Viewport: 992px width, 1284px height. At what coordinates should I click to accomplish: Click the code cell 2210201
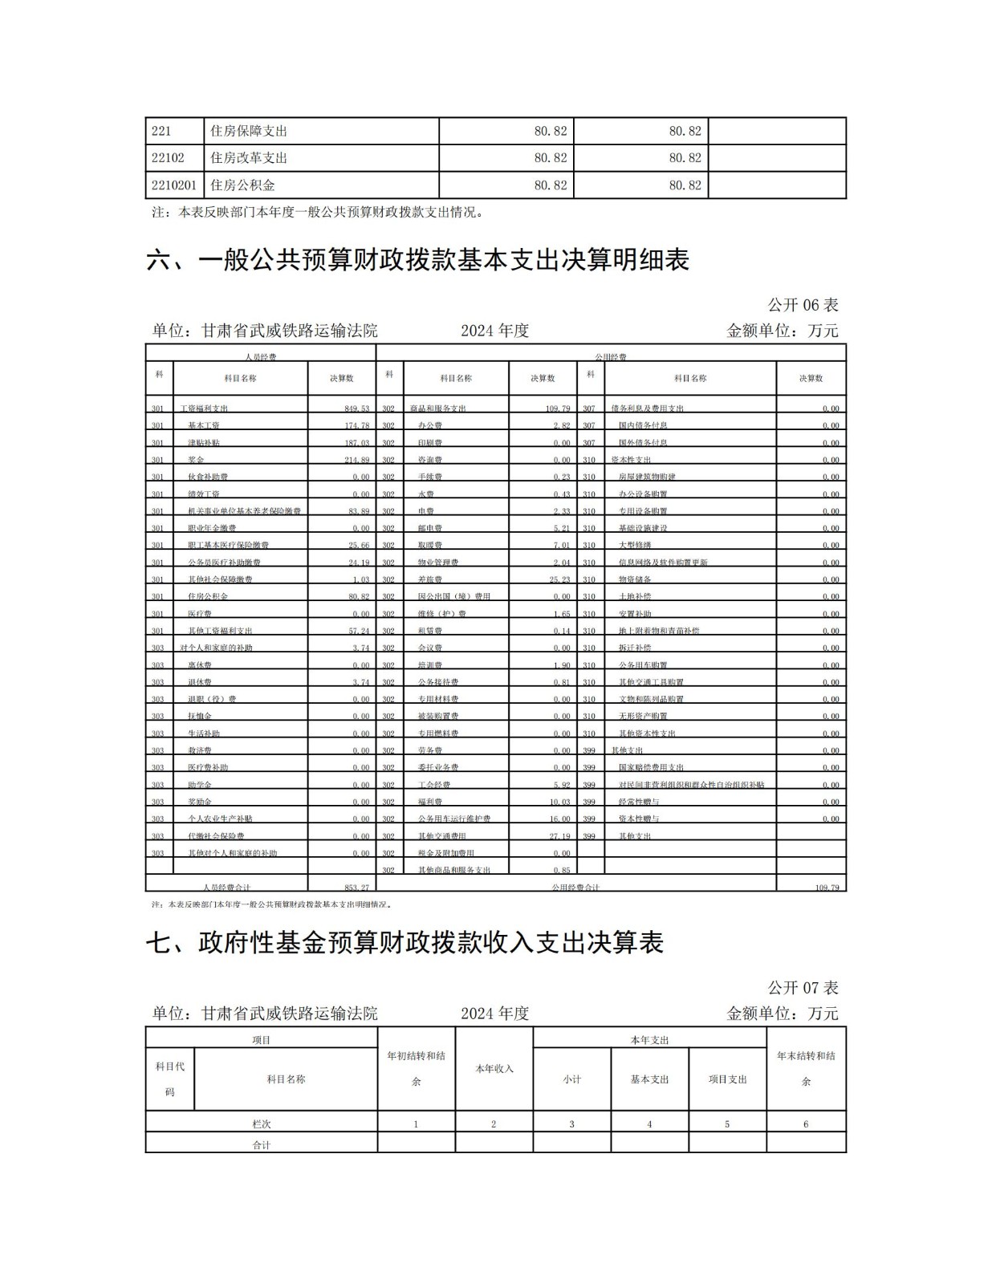tap(174, 185)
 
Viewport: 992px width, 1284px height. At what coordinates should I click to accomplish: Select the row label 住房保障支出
tap(248, 131)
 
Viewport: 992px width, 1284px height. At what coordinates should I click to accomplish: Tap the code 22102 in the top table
tap(168, 158)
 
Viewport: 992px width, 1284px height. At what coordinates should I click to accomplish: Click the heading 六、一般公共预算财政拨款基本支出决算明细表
tap(417, 260)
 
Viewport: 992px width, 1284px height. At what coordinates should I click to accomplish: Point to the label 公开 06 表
tap(803, 305)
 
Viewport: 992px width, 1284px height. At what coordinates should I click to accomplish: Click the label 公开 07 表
tap(803, 988)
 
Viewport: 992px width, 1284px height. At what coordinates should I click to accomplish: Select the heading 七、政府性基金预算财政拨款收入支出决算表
tap(405, 943)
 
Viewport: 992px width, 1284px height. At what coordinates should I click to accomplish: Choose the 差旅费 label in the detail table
tap(430, 579)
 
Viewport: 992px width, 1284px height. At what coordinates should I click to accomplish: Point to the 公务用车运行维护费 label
tap(453, 819)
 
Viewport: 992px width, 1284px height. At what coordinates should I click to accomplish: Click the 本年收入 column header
tap(494, 1069)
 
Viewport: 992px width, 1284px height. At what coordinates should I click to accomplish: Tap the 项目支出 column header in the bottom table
tap(727, 1079)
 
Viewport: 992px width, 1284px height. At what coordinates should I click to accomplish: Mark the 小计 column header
tap(571, 1079)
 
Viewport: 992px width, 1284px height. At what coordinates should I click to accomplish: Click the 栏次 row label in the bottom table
tap(261, 1124)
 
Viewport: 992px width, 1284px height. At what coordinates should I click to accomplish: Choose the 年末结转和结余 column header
tap(806, 1068)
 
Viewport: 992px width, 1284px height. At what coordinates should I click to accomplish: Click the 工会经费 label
tap(434, 785)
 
